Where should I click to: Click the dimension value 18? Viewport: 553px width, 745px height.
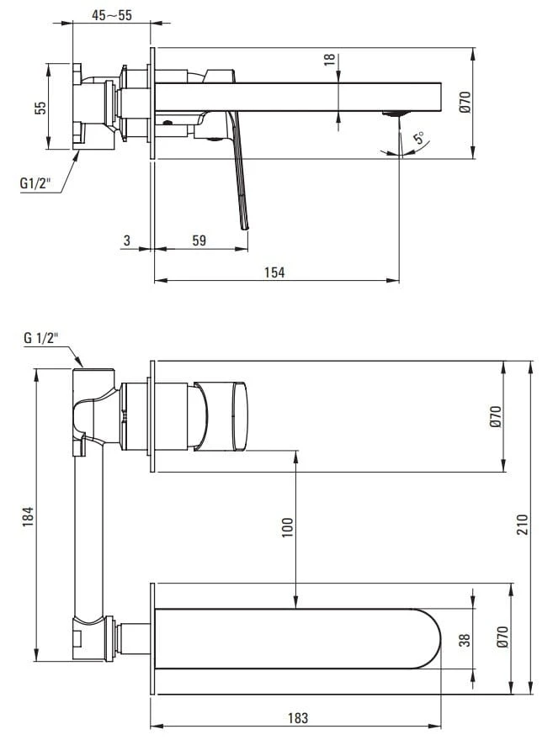tap(330, 60)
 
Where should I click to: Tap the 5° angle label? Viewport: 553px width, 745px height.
tap(418, 139)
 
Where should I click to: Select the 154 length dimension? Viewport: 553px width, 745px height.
tap(275, 272)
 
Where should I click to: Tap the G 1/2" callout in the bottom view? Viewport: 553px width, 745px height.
tap(40, 338)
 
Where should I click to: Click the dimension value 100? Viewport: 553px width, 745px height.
tap(287, 528)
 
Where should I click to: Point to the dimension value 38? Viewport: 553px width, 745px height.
tap(461, 639)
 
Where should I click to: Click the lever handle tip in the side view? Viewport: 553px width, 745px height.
tap(245, 222)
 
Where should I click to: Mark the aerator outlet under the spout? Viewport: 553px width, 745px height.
tap(395, 113)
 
